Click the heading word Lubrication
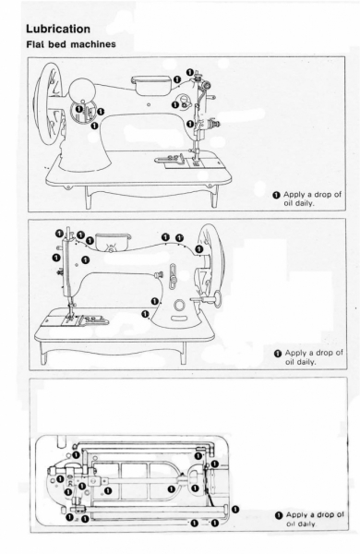pyautogui.click(x=58, y=29)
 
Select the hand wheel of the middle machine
pyautogui.click(x=211, y=259)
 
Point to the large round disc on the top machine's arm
pyautogui.click(x=82, y=91)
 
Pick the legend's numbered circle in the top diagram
pyautogui.click(x=277, y=195)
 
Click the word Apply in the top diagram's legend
pyautogui.click(x=293, y=194)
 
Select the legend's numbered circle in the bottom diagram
pyautogui.click(x=279, y=515)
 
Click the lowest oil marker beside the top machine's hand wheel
pyautogui.click(x=94, y=126)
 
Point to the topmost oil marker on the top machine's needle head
pyautogui.click(x=190, y=72)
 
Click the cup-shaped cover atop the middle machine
pyautogui.click(x=113, y=241)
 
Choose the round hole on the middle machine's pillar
pyautogui.click(x=179, y=305)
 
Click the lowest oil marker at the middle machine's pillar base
pyautogui.click(x=145, y=314)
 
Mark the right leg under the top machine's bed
pyautogui.click(x=215, y=196)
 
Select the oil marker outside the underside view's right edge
pyautogui.click(x=235, y=510)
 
